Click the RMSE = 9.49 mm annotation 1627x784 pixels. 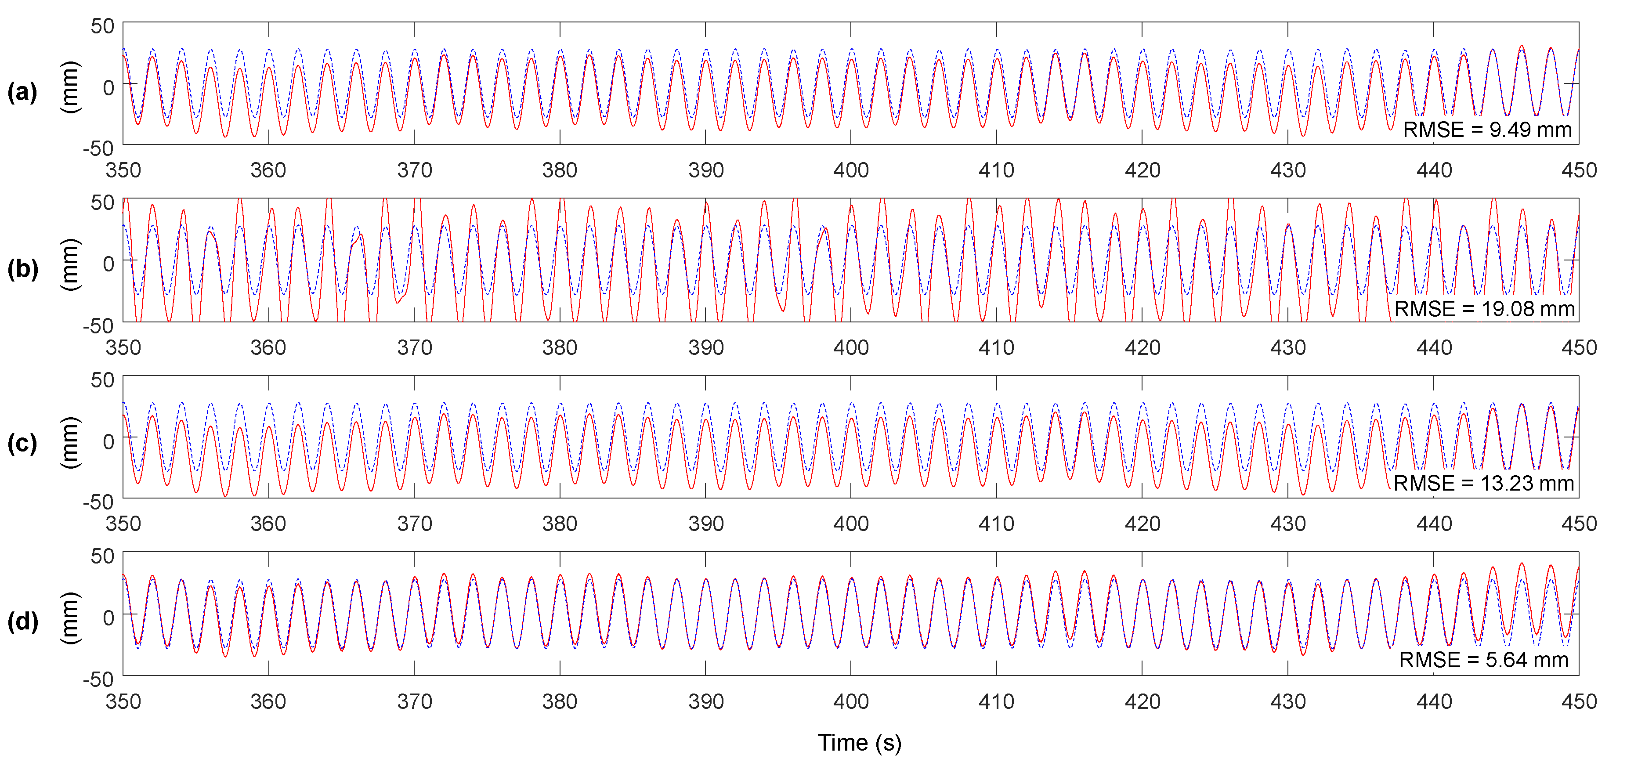click(1487, 130)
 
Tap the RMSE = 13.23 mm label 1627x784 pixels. click(1483, 483)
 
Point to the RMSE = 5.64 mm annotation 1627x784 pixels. click(1483, 660)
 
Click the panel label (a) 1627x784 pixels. click(22, 92)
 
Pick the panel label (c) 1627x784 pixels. click(22, 444)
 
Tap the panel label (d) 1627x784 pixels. click(22, 621)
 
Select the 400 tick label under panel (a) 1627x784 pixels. click(851, 170)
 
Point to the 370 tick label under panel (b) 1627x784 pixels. click(414, 347)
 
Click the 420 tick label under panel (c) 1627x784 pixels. click(1142, 524)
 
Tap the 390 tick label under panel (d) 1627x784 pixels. click(705, 701)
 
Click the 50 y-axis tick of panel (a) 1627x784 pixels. click(102, 26)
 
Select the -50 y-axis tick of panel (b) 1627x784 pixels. click(98, 326)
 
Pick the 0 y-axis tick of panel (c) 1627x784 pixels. click(108, 441)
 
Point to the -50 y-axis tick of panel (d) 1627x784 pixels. click(98, 680)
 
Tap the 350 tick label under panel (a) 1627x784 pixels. click(123, 170)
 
